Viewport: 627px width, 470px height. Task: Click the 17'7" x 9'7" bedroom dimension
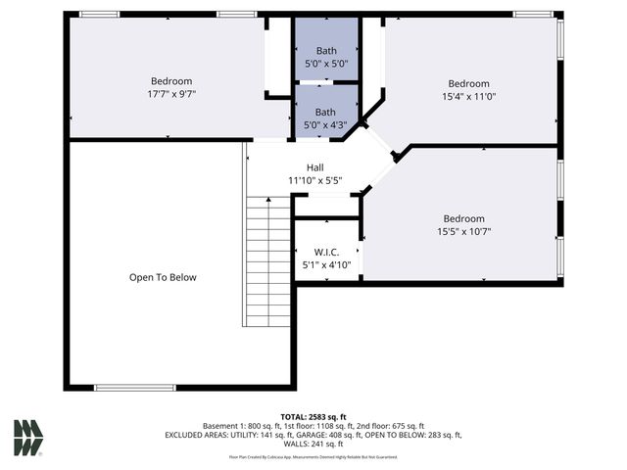point(171,95)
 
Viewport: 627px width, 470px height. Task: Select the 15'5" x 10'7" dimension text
point(463,232)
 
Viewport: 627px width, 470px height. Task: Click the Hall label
point(314,167)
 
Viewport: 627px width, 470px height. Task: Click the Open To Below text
point(163,277)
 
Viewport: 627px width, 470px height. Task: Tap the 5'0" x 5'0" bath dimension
point(326,64)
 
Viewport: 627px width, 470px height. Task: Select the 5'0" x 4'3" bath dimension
point(325,125)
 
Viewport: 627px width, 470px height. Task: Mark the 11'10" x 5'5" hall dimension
point(314,181)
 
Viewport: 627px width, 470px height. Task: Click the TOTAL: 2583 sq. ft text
point(313,416)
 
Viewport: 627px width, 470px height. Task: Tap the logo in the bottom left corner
point(28,438)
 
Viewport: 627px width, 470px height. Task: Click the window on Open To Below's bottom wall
point(135,388)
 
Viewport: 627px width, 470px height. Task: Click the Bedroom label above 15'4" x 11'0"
point(468,83)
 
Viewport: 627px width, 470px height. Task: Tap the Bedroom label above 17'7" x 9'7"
point(171,81)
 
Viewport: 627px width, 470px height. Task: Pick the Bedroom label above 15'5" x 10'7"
point(463,218)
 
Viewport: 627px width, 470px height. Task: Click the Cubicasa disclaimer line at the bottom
point(313,456)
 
